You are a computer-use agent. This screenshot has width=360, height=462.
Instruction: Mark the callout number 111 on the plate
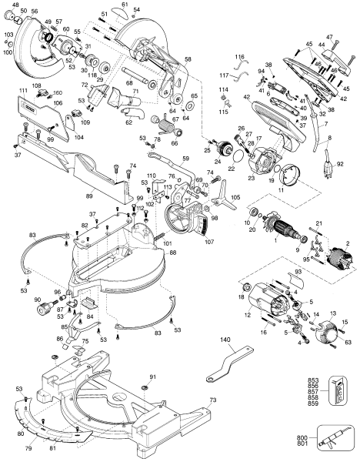tap(22, 91)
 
